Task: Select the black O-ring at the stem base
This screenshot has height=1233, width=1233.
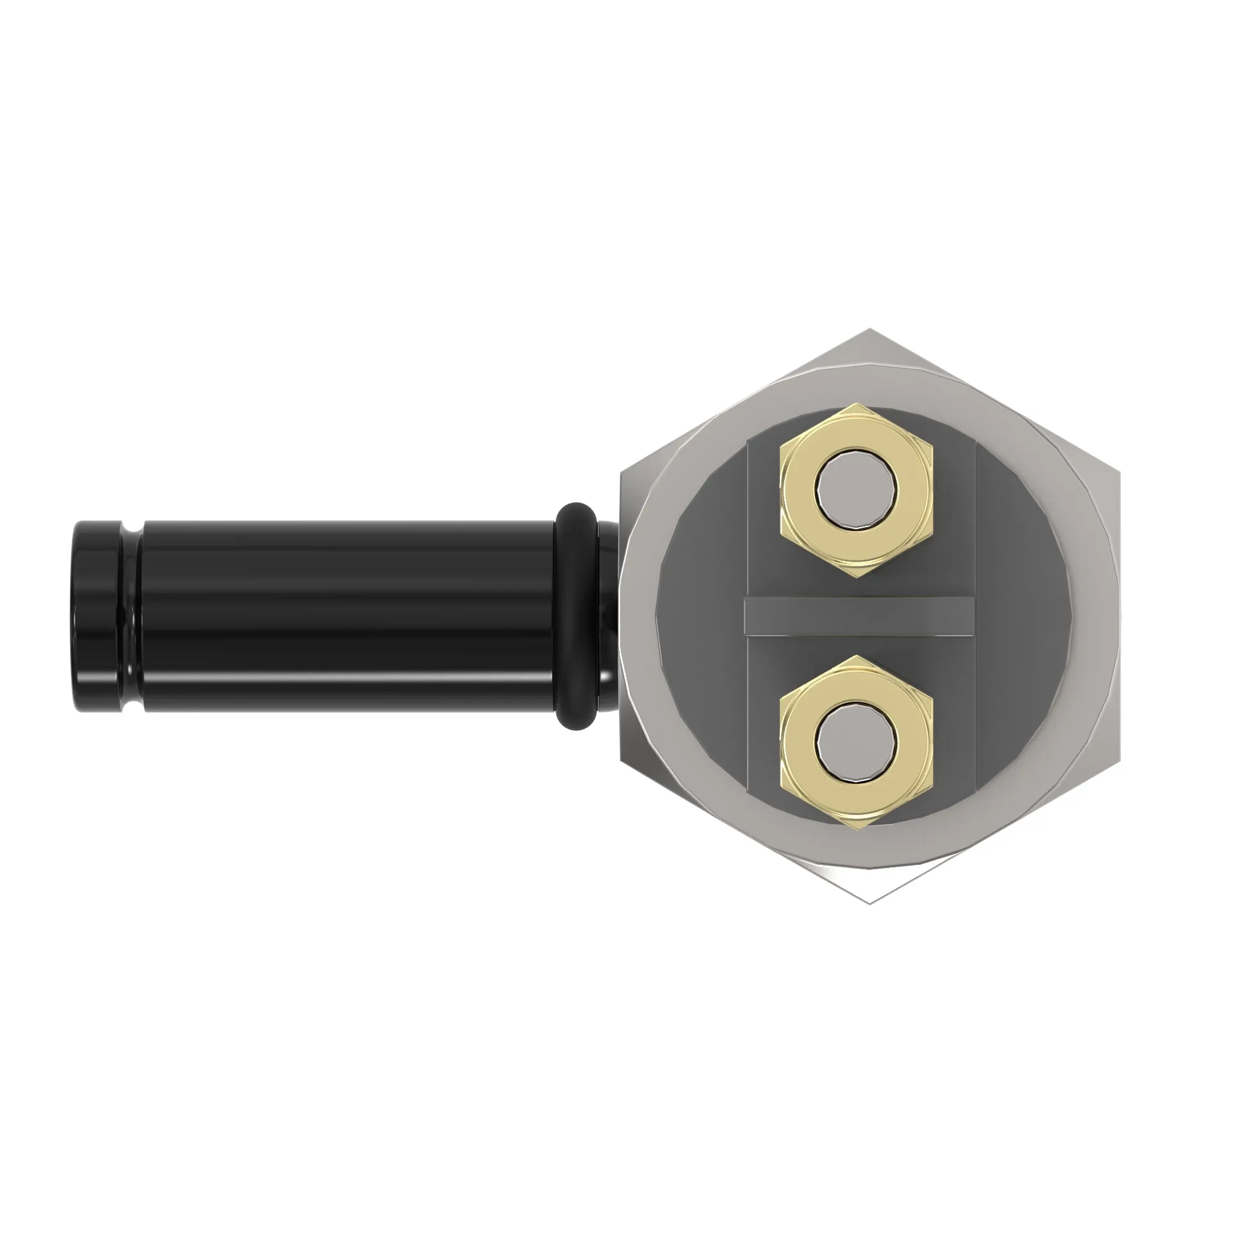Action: (577, 616)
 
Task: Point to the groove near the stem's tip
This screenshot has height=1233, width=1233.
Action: (131, 616)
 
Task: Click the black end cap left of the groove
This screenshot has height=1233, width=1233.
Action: (96, 616)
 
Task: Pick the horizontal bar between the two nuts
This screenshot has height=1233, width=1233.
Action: (858, 616)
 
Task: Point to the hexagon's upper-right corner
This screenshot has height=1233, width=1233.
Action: (1119, 473)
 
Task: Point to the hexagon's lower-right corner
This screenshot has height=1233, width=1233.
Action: (1119, 760)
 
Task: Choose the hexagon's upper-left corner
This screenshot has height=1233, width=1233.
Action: (621, 473)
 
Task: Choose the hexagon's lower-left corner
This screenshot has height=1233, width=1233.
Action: (621, 760)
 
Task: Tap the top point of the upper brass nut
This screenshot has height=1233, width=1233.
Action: (857, 403)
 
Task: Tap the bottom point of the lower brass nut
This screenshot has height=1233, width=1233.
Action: (857, 830)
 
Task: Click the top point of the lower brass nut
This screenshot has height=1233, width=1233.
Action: (857, 655)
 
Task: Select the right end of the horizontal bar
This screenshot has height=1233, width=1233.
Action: (972, 616)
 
